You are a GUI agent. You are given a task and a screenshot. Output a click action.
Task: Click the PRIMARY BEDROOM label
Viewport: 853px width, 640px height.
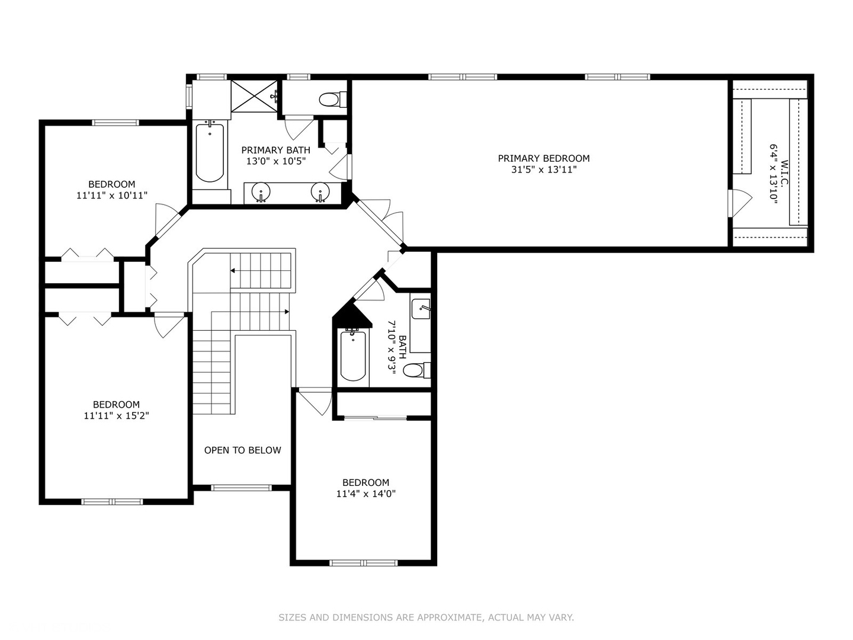tap(543, 158)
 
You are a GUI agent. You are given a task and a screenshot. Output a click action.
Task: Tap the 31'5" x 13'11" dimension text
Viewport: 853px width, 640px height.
tap(543, 169)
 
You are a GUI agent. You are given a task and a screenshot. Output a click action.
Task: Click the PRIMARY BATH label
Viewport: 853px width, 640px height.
tap(275, 150)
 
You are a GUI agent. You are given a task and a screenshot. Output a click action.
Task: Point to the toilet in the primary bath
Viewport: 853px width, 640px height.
tap(332, 99)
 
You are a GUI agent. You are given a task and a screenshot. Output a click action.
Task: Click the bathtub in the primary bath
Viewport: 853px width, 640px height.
tap(210, 152)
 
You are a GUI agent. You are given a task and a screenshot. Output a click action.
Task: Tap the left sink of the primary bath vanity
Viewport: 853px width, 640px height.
tap(261, 193)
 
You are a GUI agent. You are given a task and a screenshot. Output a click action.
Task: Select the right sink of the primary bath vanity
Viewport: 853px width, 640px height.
tap(320, 193)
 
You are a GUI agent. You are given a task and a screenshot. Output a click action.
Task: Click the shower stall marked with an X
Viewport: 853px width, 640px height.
tap(253, 95)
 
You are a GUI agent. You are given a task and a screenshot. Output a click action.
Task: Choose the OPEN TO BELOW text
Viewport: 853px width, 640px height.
tap(242, 450)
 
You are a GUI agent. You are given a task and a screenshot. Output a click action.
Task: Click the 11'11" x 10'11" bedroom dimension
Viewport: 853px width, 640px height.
tap(111, 195)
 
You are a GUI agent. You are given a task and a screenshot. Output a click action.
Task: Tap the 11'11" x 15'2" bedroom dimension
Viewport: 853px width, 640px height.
tap(116, 416)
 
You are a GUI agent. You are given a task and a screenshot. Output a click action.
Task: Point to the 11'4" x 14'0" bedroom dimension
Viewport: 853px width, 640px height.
tap(365, 494)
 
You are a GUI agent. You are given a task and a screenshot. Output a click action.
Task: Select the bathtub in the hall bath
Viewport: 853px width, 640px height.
tap(353, 356)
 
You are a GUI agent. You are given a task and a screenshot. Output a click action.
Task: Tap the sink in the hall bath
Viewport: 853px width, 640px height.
tap(421, 309)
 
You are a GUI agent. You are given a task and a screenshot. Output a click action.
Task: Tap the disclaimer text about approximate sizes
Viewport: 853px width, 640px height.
tap(426, 617)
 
